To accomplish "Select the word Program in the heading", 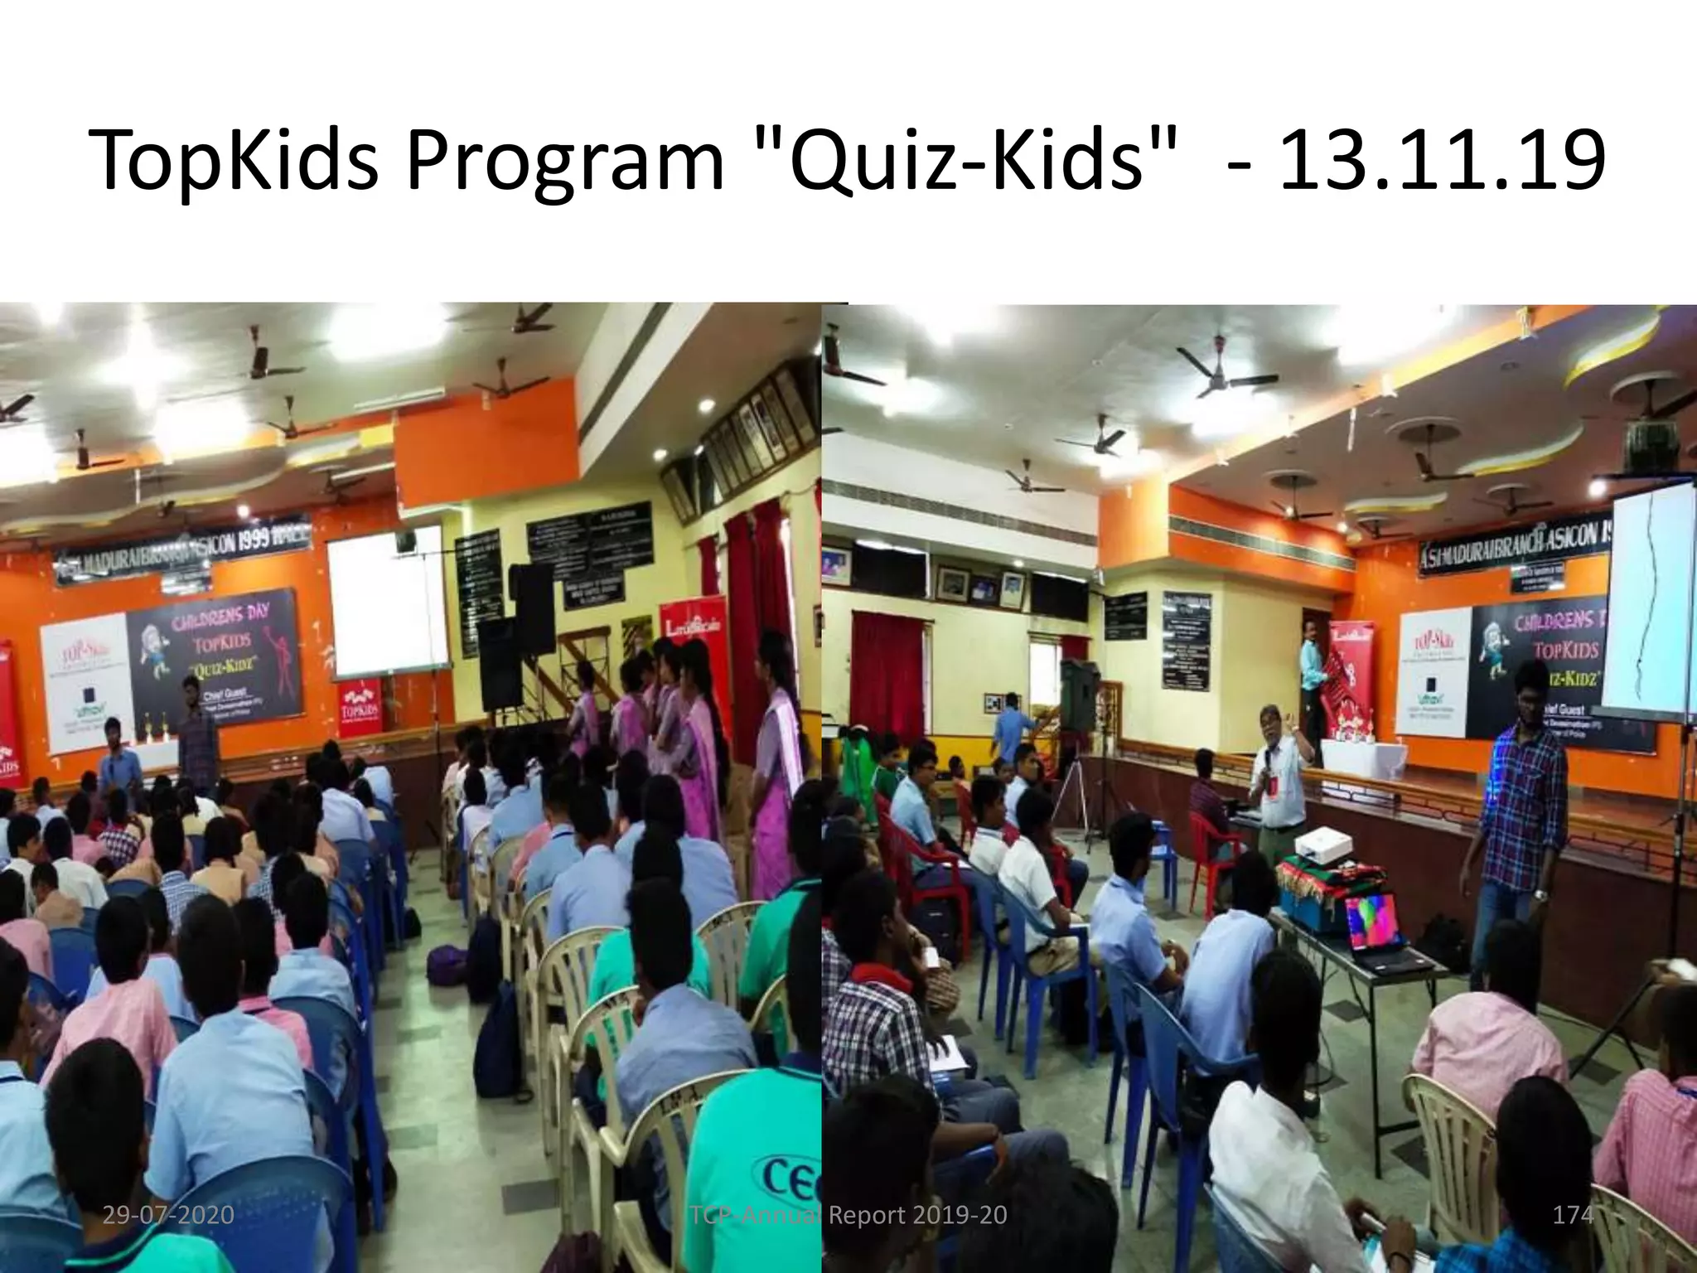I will pos(564,162).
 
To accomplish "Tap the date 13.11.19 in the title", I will pos(1441,157).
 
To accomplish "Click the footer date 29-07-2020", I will pos(168,1216).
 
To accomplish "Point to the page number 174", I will pos(1572,1216).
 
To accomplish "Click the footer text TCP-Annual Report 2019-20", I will pos(848,1216).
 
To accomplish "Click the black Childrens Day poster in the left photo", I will pos(211,663).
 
